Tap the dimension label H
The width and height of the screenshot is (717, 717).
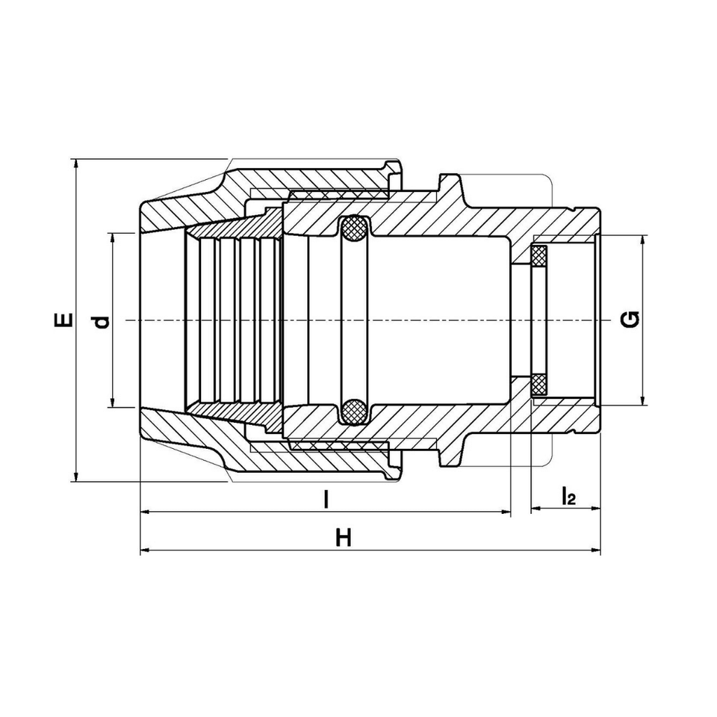coord(343,538)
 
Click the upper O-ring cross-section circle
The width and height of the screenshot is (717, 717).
coord(355,228)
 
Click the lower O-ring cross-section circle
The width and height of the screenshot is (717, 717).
coord(355,412)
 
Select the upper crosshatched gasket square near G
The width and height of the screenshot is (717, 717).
coord(539,256)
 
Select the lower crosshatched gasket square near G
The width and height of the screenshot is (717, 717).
coord(539,386)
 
